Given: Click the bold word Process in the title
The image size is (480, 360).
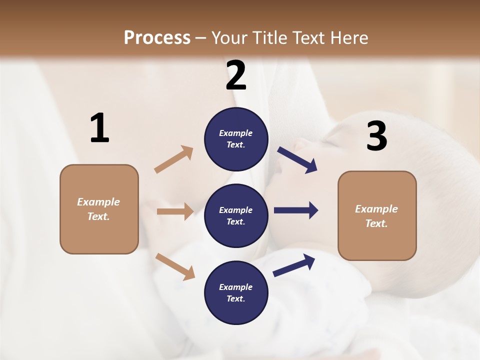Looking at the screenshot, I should click(x=157, y=38).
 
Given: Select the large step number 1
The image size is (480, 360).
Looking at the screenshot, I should click(x=99, y=128).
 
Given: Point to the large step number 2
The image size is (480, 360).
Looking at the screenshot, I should click(x=236, y=75).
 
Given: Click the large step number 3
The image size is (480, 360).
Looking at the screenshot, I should click(x=376, y=136).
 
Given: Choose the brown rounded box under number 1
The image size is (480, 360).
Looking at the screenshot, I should click(x=99, y=209).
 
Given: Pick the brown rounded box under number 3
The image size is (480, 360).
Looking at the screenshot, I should click(x=377, y=216).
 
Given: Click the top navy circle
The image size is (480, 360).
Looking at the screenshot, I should click(x=236, y=139).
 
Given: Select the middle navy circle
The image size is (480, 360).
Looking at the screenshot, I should click(x=236, y=215).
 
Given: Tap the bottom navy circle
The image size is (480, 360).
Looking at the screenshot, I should click(x=236, y=292).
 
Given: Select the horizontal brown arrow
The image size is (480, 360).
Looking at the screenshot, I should click(x=175, y=211).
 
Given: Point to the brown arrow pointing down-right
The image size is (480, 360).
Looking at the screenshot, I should click(x=175, y=266).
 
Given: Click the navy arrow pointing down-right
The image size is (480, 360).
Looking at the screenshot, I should click(x=297, y=160).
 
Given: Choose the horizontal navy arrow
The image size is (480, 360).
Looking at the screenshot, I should click(x=295, y=210).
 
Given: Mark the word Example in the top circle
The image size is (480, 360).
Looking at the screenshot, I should click(x=236, y=133).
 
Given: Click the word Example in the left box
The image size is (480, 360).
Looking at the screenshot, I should click(x=98, y=202).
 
